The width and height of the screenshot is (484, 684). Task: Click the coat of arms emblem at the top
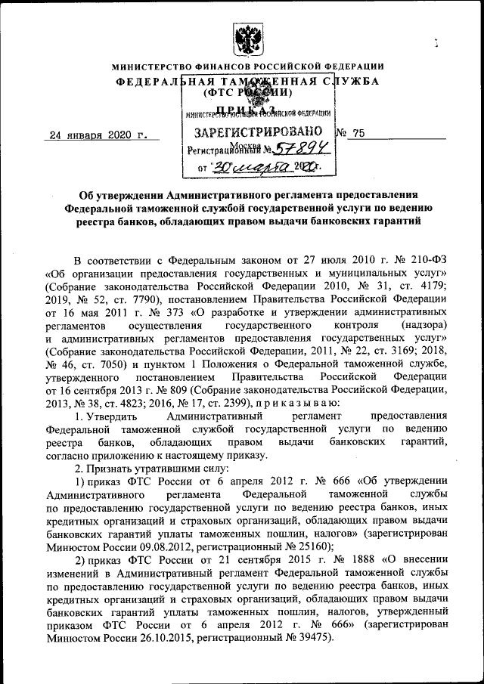[x=244, y=36]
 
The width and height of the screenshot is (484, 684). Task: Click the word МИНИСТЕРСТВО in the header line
[x=151, y=67]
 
